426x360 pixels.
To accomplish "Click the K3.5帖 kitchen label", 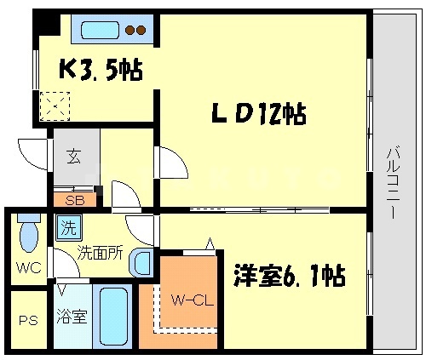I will click(99, 67).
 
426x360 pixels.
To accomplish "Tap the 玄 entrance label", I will click(74, 157).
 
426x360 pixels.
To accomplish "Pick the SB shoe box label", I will click(74, 202).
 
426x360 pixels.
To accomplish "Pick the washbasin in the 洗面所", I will click(141, 263).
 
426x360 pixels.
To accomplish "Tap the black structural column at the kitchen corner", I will click(42, 24).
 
